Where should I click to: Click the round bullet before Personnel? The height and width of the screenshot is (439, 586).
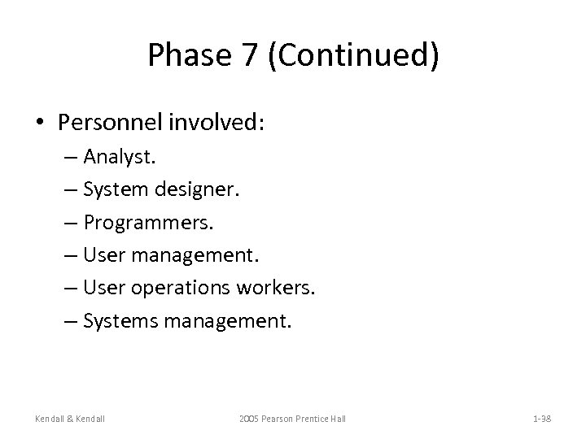click(x=40, y=123)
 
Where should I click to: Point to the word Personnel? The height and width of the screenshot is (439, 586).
click(x=109, y=122)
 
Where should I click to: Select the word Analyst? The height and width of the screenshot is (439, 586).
click(x=115, y=157)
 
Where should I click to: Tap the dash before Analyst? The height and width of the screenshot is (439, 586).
click(x=69, y=157)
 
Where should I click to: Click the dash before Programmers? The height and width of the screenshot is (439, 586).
click(x=69, y=224)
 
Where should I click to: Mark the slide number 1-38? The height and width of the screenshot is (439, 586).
click(x=542, y=419)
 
